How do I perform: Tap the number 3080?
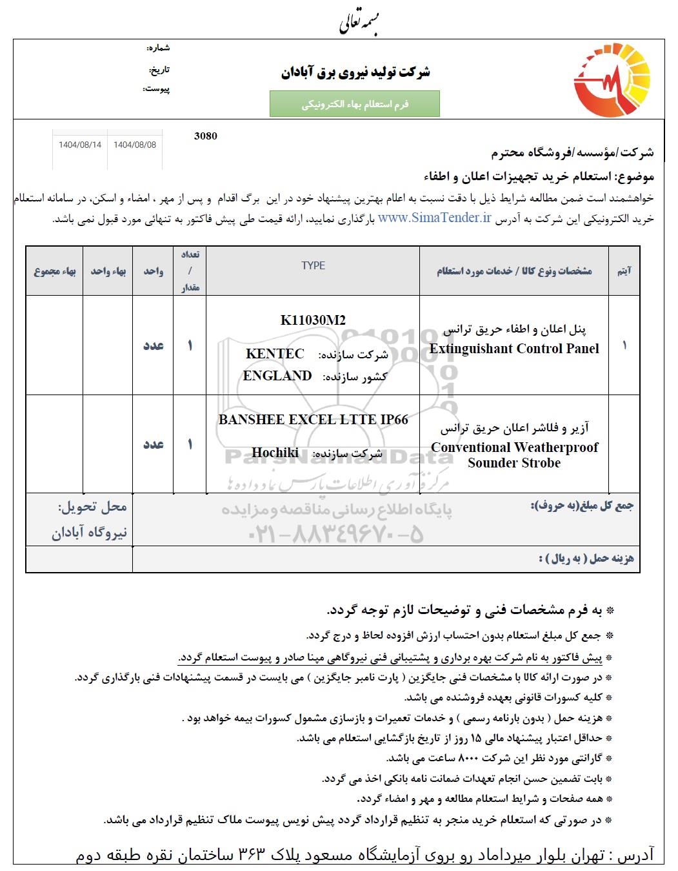click(x=205, y=136)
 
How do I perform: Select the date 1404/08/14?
click(x=80, y=145)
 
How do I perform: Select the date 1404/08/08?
click(x=135, y=145)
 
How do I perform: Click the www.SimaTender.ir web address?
click(x=435, y=218)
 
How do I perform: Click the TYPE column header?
click(x=313, y=265)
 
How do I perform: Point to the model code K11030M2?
click(x=313, y=320)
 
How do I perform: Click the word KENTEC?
click(x=275, y=354)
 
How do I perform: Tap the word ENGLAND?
click(x=277, y=376)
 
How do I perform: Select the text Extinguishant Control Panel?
click(x=514, y=349)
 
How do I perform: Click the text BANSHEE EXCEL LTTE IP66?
click(x=313, y=420)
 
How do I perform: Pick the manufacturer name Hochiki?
click(x=275, y=453)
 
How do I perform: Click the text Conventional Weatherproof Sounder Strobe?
click(x=514, y=455)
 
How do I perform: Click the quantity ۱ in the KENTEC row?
click(x=190, y=345)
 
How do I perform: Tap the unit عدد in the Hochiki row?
click(x=153, y=444)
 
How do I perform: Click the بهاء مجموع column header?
click(x=55, y=271)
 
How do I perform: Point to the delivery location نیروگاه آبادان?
click(x=90, y=533)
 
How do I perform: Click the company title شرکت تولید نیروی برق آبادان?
click(x=355, y=72)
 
